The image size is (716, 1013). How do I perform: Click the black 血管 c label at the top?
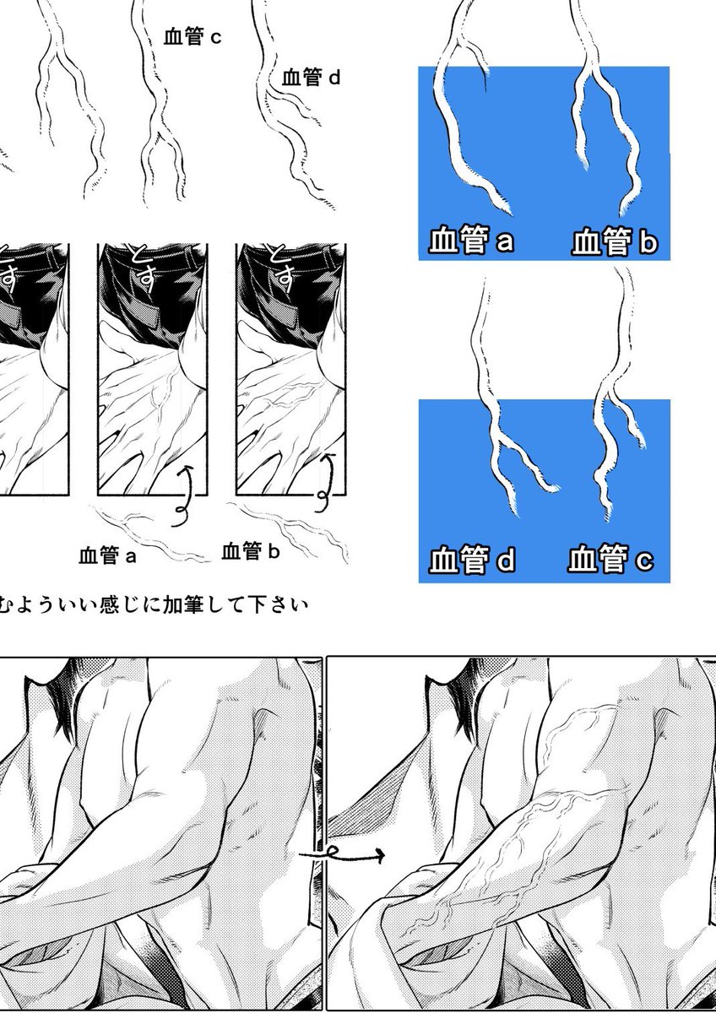click(193, 37)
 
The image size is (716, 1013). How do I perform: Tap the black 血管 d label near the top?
click(311, 78)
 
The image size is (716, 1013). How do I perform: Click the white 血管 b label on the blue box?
click(615, 242)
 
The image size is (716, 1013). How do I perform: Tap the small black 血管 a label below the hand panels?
click(107, 555)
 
